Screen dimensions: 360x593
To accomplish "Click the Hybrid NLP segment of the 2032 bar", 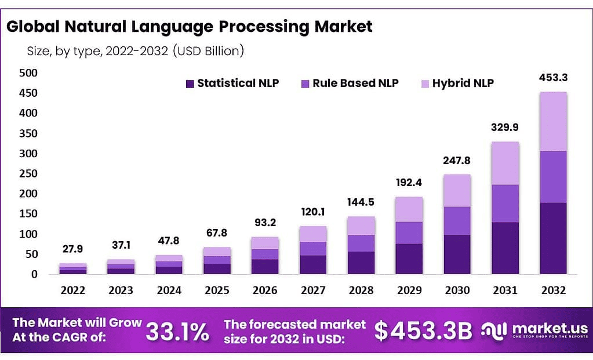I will pos(553,121).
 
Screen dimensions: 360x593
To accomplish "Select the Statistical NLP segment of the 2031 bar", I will pos(505,248).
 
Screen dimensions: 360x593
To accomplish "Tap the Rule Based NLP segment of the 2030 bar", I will pos(457,221).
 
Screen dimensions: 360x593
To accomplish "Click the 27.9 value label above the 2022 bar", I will pos(73,249).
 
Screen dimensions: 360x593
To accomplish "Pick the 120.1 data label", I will pos(313,212).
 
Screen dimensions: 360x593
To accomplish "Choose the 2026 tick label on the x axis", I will pos(265,289).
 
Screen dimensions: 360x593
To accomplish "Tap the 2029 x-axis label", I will pos(409,289).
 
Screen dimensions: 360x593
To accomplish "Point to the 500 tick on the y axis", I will pos(29,73).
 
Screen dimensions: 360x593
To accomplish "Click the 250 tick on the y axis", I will pos(29,174).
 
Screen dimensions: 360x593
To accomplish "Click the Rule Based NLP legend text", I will pos(355,83).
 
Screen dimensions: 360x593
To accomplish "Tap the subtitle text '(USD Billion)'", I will pos(207,52).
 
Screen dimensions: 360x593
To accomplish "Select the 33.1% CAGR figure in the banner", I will pos(177,332).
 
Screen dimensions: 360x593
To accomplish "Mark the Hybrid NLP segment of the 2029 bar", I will pos(409,209).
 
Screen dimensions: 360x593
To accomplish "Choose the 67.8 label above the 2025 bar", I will pos(217,233).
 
